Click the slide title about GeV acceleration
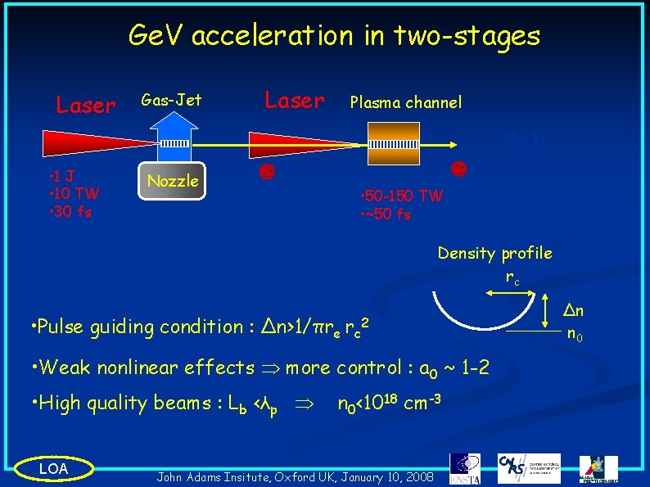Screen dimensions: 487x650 [x=334, y=35]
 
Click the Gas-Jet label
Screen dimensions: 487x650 [x=171, y=101]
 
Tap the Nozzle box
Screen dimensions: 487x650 [x=173, y=181]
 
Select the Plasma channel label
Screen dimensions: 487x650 [x=405, y=102]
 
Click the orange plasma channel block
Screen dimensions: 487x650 [x=394, y=144]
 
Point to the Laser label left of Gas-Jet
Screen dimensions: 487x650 [x=85, y=106]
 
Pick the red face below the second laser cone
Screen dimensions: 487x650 [x=266, y=174]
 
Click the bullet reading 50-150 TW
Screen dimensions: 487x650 [x=401, y=196]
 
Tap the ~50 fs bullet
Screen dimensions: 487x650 [x=386, y=214]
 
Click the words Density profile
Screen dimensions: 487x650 [x=494, y=253]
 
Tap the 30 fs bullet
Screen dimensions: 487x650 [x=70, y=211]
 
